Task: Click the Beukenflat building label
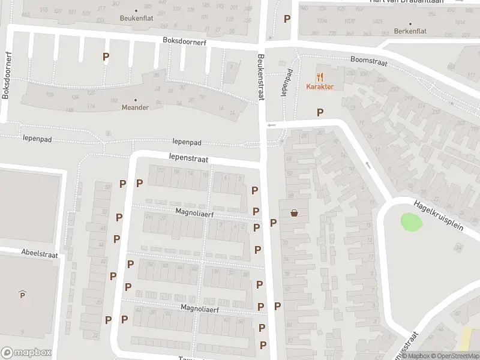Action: click(136, 18)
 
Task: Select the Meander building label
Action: click(135, 108)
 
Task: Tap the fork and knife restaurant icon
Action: click(320, 76)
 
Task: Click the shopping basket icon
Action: click(295, 212)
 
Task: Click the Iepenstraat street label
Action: click(188, 158)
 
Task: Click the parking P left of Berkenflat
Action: click(287, 19)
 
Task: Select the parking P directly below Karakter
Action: click(320, 112)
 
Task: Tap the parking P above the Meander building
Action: click(106, 57)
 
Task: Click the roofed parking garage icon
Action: click(22, 294)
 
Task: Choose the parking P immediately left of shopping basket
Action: click(274, 223)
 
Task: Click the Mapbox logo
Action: click(26, 353)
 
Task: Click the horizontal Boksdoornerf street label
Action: click(185, 40)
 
